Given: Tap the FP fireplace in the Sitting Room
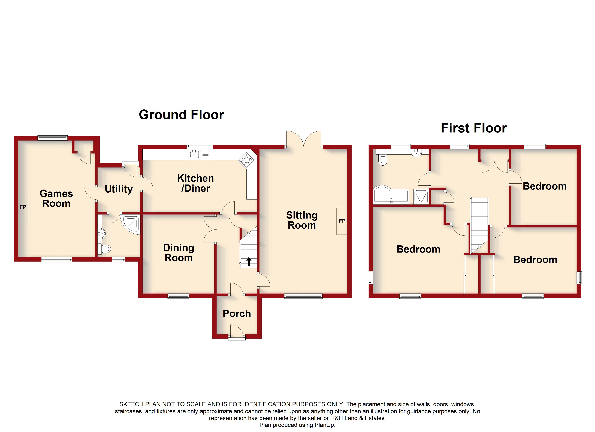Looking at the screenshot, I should coord(342,221).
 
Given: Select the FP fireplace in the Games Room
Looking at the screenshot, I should coord(23,207).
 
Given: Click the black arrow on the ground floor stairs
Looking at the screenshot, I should coord(248,261).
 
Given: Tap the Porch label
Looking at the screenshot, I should coord(237,314).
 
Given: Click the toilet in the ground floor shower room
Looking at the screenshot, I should coord(105,249).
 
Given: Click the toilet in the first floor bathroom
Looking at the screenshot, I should coord(383,159).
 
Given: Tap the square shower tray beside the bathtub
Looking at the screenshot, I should coord(421,197).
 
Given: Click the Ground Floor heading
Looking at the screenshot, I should coord(181,115).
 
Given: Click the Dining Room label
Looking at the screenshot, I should coord(179,253).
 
